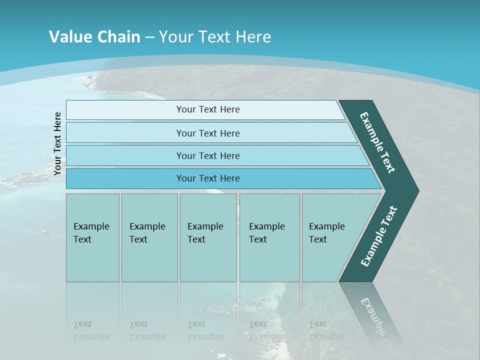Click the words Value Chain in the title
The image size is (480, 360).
pos(94,37)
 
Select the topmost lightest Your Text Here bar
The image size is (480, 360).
pos(205,109)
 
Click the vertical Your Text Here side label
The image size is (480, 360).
pos(57,144)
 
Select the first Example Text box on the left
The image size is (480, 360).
pos(92,237)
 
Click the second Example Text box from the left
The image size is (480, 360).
pos(149,237)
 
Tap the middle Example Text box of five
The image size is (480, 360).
pos(208,237)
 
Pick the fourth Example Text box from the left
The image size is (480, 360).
pos(269,237)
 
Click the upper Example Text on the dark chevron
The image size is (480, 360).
pos(377,142)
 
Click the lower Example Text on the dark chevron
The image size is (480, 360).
pos(378,236)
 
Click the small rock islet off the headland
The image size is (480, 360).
pos(90,77)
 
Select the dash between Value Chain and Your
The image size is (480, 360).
pos(149,37)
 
